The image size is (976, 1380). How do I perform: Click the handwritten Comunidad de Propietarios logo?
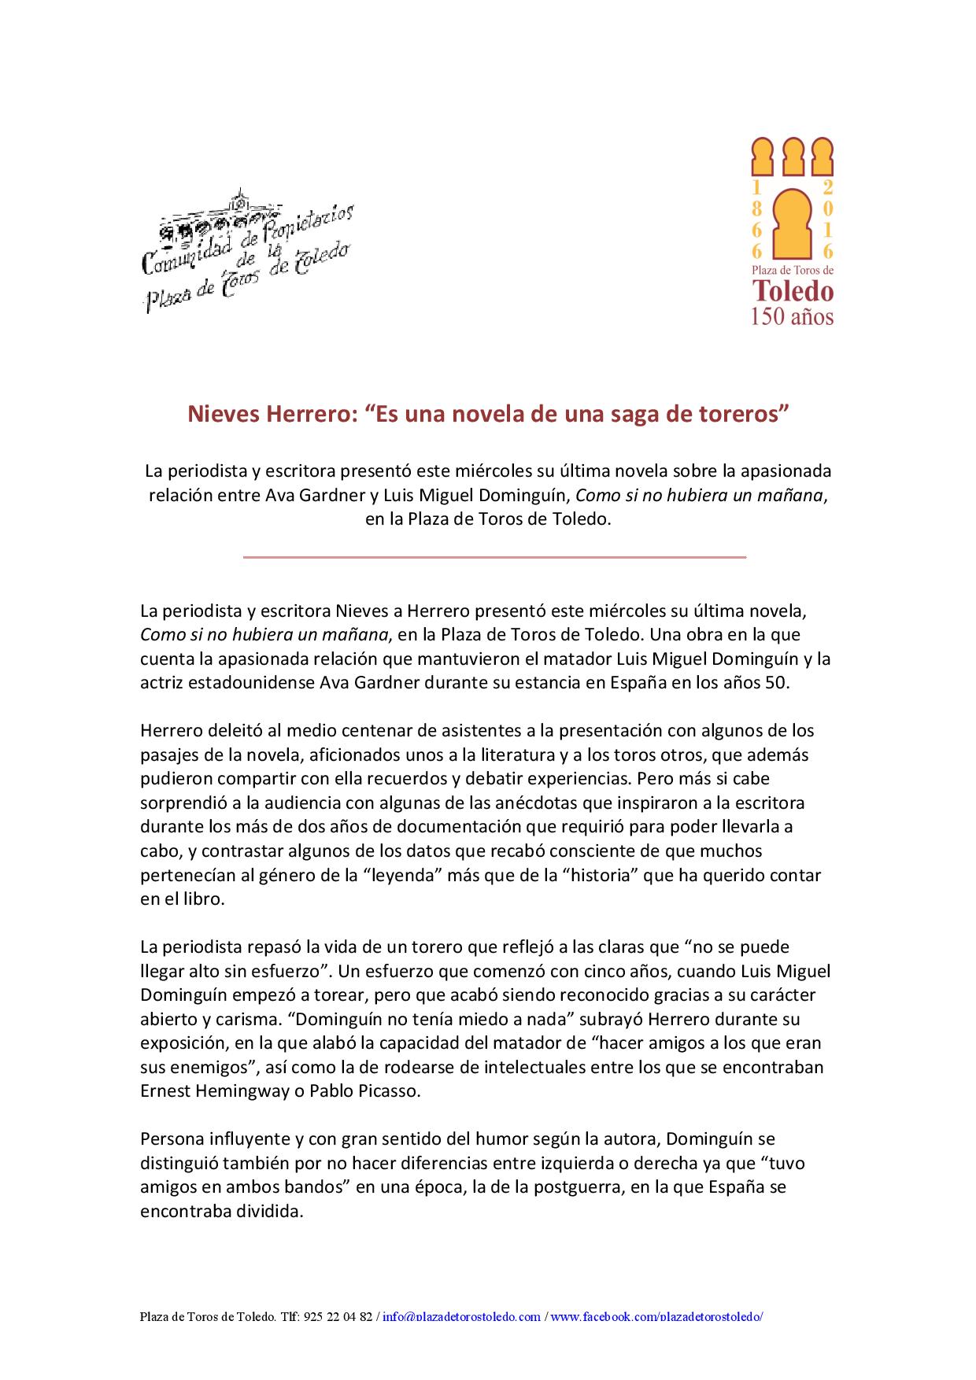[x=246, y=250]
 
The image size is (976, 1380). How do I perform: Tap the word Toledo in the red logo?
[x=793, y=291]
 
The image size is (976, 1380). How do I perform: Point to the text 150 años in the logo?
[x=793, y=316]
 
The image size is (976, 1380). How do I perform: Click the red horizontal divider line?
[x=494, y=557]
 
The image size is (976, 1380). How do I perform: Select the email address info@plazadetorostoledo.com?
[x=462, y=1316]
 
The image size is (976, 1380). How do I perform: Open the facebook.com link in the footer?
[x=656, y=1316]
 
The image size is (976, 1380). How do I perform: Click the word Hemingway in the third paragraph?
[x=242, y=1092]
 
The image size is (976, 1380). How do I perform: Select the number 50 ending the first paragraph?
[x=775, y=682]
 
